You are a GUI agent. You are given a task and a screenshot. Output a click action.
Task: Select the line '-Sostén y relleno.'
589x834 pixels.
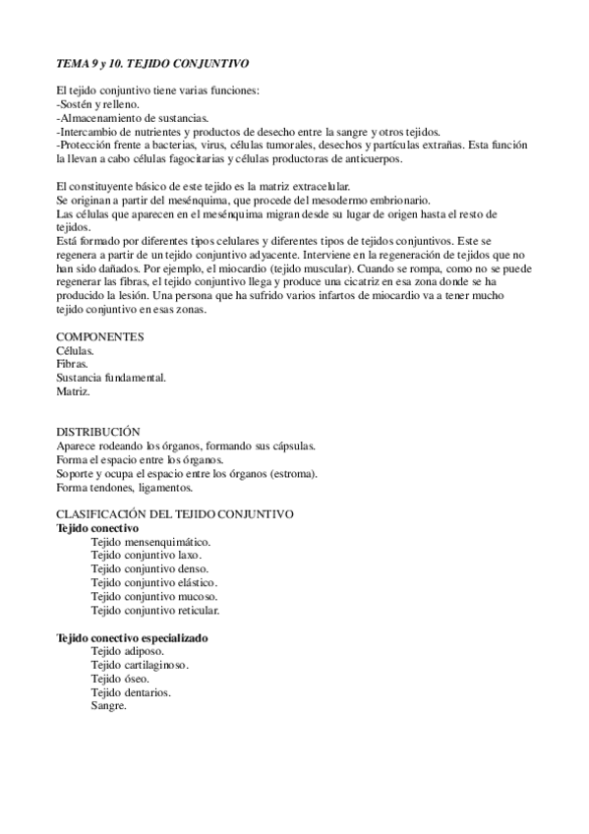[x=98, y=105]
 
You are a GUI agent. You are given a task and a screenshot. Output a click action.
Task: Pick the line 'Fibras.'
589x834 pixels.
[x=74, y=364]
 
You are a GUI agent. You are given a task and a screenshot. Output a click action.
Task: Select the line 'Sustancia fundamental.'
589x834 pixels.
[x=111, y=378]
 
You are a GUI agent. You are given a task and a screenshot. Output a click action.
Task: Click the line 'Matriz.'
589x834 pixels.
[x=74, y=391]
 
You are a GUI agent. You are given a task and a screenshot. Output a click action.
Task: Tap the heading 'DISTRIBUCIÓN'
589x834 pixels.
[x=98, y=432]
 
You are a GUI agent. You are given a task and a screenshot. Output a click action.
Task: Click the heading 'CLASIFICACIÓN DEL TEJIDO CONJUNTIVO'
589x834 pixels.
[x=175, y=514]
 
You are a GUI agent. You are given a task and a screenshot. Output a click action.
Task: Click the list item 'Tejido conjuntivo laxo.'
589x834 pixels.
[x=146, y=556]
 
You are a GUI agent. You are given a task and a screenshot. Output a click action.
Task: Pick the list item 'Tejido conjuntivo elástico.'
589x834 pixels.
[x=153, y=582]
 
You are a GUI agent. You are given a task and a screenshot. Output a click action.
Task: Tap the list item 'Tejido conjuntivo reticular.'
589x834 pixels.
[x=155, y=610]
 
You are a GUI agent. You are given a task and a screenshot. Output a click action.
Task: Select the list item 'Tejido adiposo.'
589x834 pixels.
[x=128, y=651]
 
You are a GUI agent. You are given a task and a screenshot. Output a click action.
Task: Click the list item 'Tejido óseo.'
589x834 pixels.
[x=120, y=679]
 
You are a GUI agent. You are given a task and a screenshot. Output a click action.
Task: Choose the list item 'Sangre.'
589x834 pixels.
[x=108, y=706]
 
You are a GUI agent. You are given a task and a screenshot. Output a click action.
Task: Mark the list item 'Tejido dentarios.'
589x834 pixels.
[x=131, y=692]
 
